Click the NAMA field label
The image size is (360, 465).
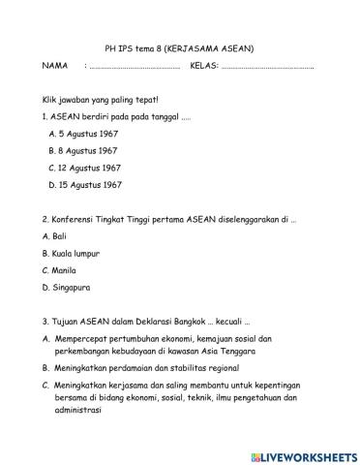pos(55,66)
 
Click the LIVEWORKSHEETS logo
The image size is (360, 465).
pos(302,453)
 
